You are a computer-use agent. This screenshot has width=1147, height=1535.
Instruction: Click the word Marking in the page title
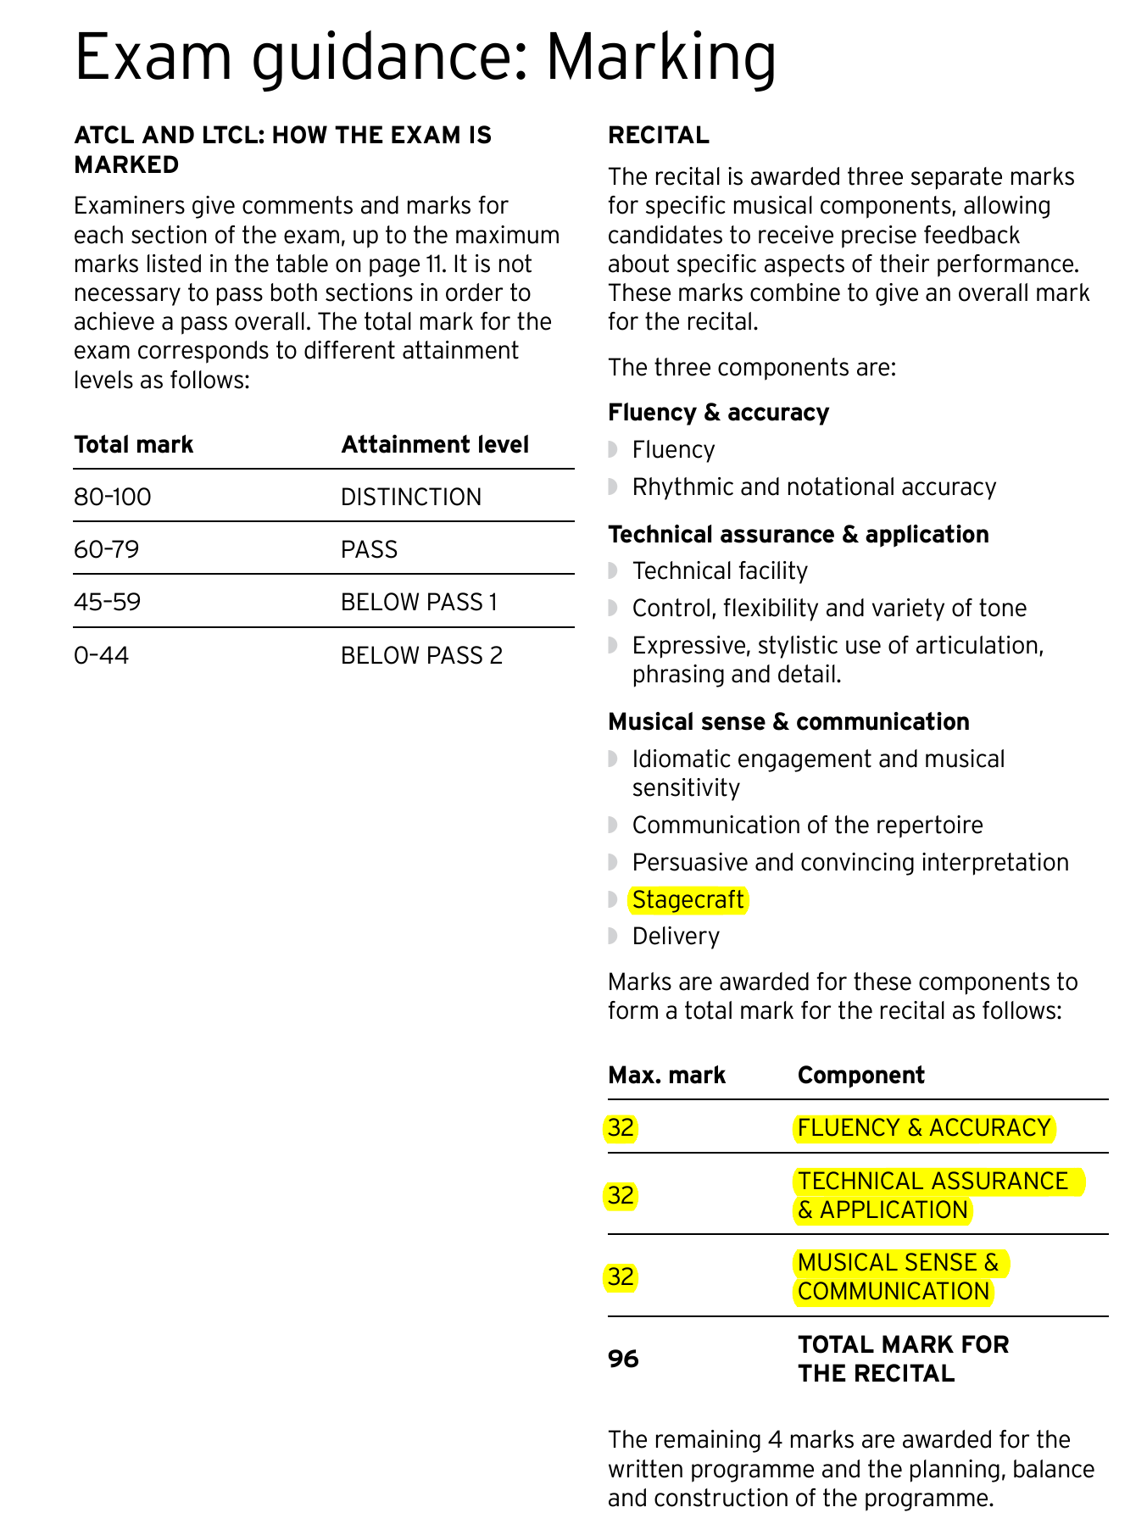[x=660, y=58]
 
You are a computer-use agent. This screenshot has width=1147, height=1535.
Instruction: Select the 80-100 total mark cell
[x=113, y=497]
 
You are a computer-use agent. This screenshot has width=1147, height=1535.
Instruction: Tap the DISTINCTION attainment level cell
[x=411, y=497]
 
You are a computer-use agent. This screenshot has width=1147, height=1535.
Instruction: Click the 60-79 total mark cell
[x=107, y=549]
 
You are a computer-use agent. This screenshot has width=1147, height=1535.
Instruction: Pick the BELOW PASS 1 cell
[x=419, y=602]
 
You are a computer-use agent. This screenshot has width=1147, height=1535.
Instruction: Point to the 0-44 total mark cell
[x=102, y=655]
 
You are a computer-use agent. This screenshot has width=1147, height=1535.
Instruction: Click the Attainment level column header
[x=435, y=445]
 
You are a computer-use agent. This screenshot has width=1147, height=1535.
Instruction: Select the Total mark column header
[x=134, y=445]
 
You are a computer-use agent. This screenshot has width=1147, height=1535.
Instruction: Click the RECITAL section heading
[x=659, y=136]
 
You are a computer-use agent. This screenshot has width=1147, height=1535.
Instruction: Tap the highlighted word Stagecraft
[x=688, y=899]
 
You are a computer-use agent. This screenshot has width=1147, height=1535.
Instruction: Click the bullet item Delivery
[x=676, y=937]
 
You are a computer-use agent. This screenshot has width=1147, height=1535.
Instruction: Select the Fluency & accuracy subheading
[x=718, y=413]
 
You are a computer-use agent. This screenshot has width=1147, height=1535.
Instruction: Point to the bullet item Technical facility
[x=720, y=571]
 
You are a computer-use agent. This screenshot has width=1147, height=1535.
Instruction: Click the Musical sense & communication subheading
[x=788, y=722]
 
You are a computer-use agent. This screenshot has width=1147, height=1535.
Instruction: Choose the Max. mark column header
[x=666, y=1076]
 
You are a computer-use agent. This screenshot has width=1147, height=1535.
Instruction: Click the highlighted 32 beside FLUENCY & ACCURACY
[x=621, y=1128]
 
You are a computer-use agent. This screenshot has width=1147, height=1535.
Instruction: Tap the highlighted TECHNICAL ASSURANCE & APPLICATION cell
[x=933, y=1195]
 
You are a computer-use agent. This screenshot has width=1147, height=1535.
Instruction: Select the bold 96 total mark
[x=623, y=1359]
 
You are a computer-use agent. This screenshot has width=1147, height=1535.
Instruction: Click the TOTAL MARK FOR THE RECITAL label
[x=903, y=1359]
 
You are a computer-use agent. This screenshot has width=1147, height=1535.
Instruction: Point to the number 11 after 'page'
[x=434, y=264]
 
